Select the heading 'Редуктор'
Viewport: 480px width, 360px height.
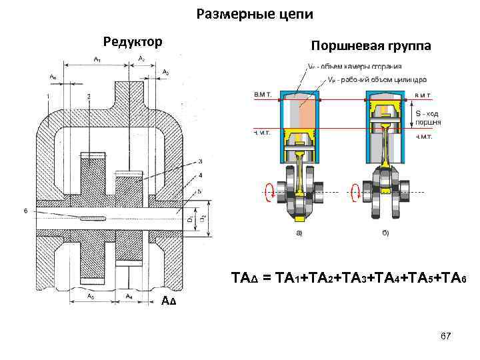(x=131, y=42)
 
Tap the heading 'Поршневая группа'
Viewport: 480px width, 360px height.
(x=371, y=45)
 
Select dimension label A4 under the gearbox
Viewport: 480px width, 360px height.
(x=129, y=294)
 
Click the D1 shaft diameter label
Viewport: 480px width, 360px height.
(x=189, y=218)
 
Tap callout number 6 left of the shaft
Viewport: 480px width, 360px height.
(x=25, y=211)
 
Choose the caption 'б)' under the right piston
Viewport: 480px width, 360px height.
(x=386, y=233)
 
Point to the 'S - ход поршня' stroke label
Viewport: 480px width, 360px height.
(x=428, y=118)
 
